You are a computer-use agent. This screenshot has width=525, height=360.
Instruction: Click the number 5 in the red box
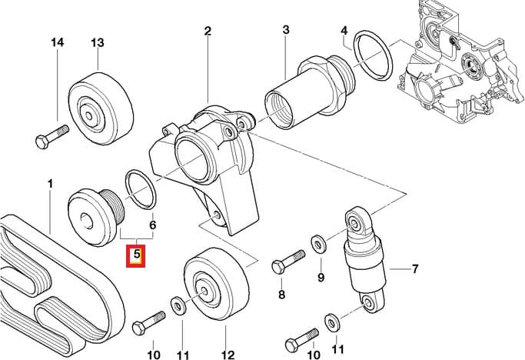136,252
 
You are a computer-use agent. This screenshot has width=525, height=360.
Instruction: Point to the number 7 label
415,269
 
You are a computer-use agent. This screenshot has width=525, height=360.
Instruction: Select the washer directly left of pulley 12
178,307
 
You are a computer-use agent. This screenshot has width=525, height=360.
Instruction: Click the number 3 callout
285,31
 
